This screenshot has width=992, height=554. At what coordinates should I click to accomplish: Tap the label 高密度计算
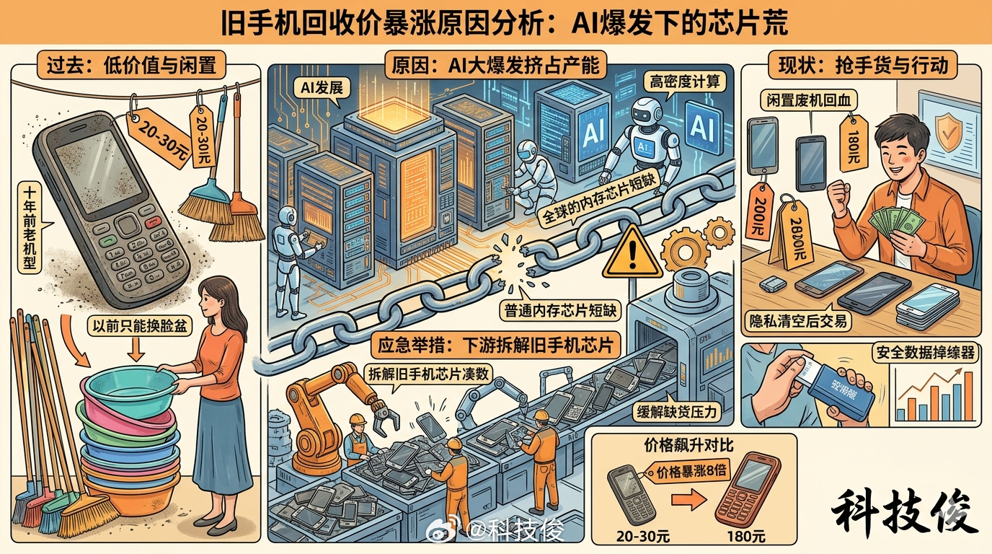(684, 82)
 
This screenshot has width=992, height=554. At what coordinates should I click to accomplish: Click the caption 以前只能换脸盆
(137, 325)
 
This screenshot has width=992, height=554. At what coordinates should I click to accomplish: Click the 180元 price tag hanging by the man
(853, 136)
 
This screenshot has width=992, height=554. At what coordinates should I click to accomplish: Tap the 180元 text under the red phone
(747, 536)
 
